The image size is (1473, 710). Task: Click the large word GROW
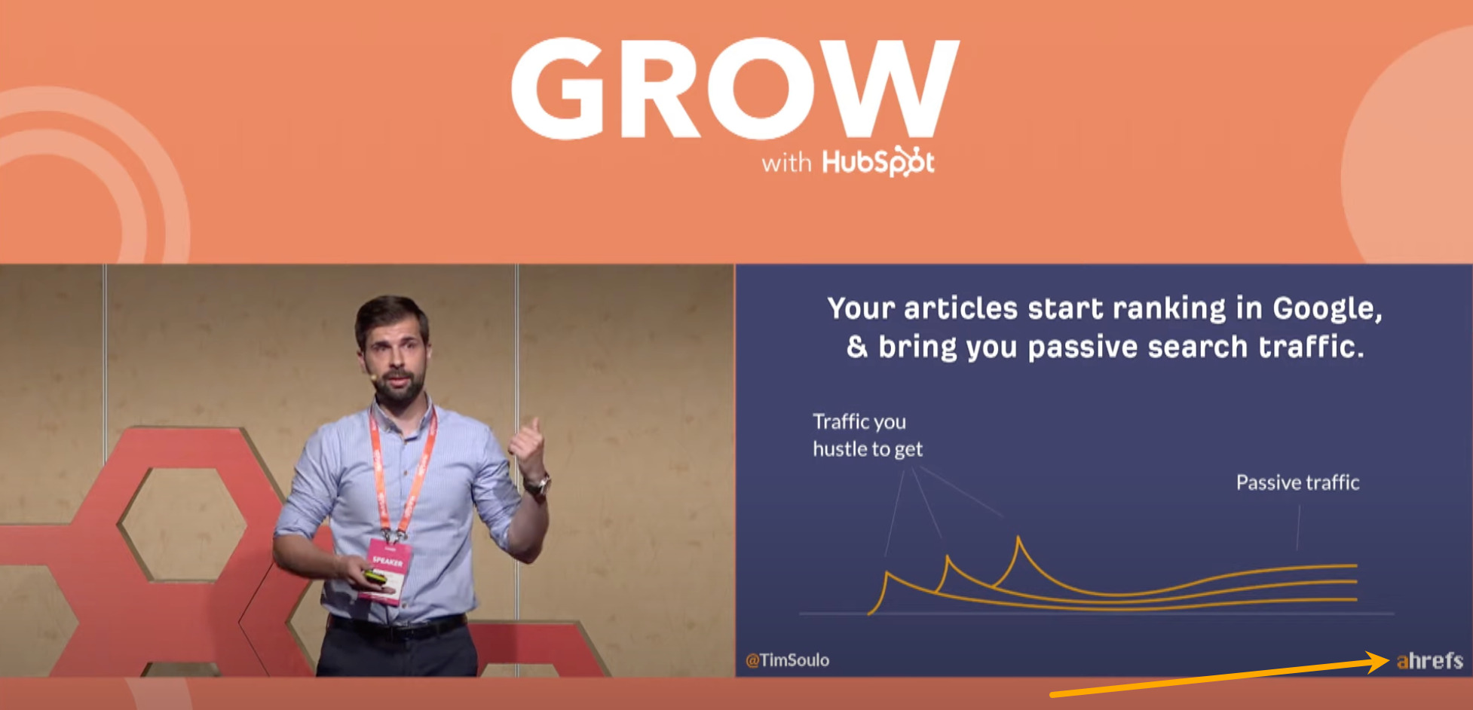click(x=735, y=89)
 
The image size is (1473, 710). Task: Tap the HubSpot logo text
click(x=878, y=162)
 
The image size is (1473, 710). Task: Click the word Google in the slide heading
click(x=1327, y=308)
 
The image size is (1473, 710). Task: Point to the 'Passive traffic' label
click(x=1297, y=482)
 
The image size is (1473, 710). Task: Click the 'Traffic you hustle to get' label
click(x=867, y=435)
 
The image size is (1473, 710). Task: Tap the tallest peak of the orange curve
click(x=1018, y=538)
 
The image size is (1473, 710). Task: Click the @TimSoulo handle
click(x=787, y=660)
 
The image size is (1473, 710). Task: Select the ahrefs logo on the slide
click(x=1429, y=661)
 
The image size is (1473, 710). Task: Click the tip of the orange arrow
click(x=1387, y=661)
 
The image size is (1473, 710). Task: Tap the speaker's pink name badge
click(x=387, y=569)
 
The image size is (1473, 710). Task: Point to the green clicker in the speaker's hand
click(x=375, y=577)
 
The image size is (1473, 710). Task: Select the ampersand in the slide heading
click(x=856, y=347)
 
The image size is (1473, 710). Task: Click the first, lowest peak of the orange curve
click(x=887, y=574)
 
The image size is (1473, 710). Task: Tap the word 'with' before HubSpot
click(x=785, y=164)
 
